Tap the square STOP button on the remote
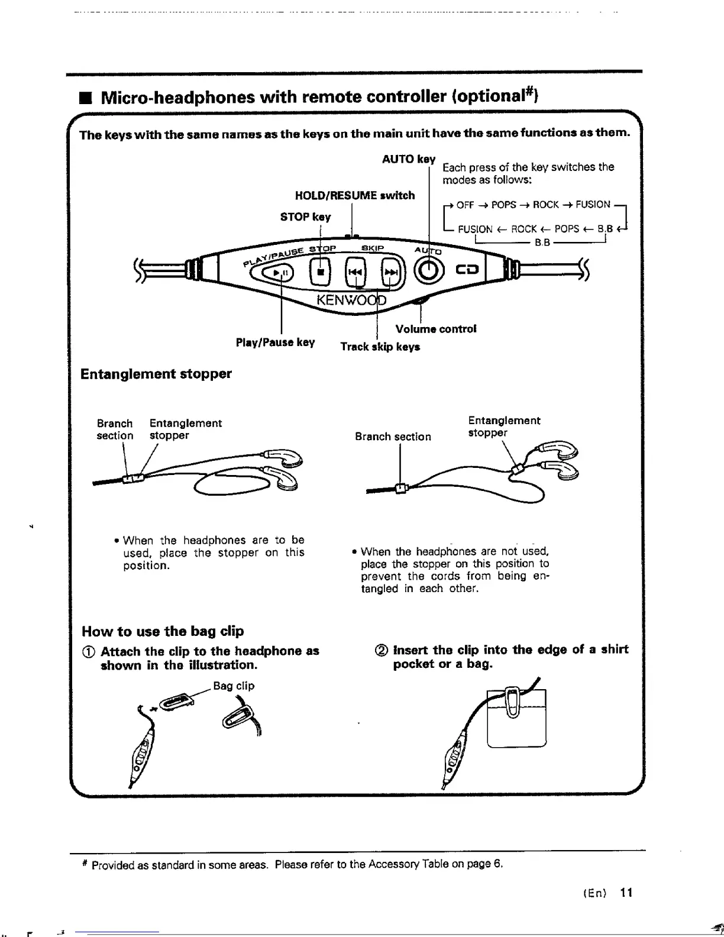pyautogui.click(x=320, y=273)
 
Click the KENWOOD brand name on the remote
pyautogui.click(x=351, y=299)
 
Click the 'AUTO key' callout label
pyautogui.click(x=409, y=159)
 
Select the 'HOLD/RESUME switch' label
pyautogui.click(x=354, y=195)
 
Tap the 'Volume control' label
pyautogui.click(x=436, y=329)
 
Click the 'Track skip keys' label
pyautogui.click(x=380, y=347)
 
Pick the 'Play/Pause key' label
pyautogui.click(x=275, y=343)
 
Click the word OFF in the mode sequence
pyautogui.click(x=466, y=205)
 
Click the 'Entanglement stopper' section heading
pyautogui.click(x=156, y=374)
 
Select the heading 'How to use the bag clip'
pyautogui.click(x=163, y=631)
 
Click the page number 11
pyautogui.click(x=626, y=893)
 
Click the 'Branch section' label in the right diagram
pyautogui.click(x=393, y=437)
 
